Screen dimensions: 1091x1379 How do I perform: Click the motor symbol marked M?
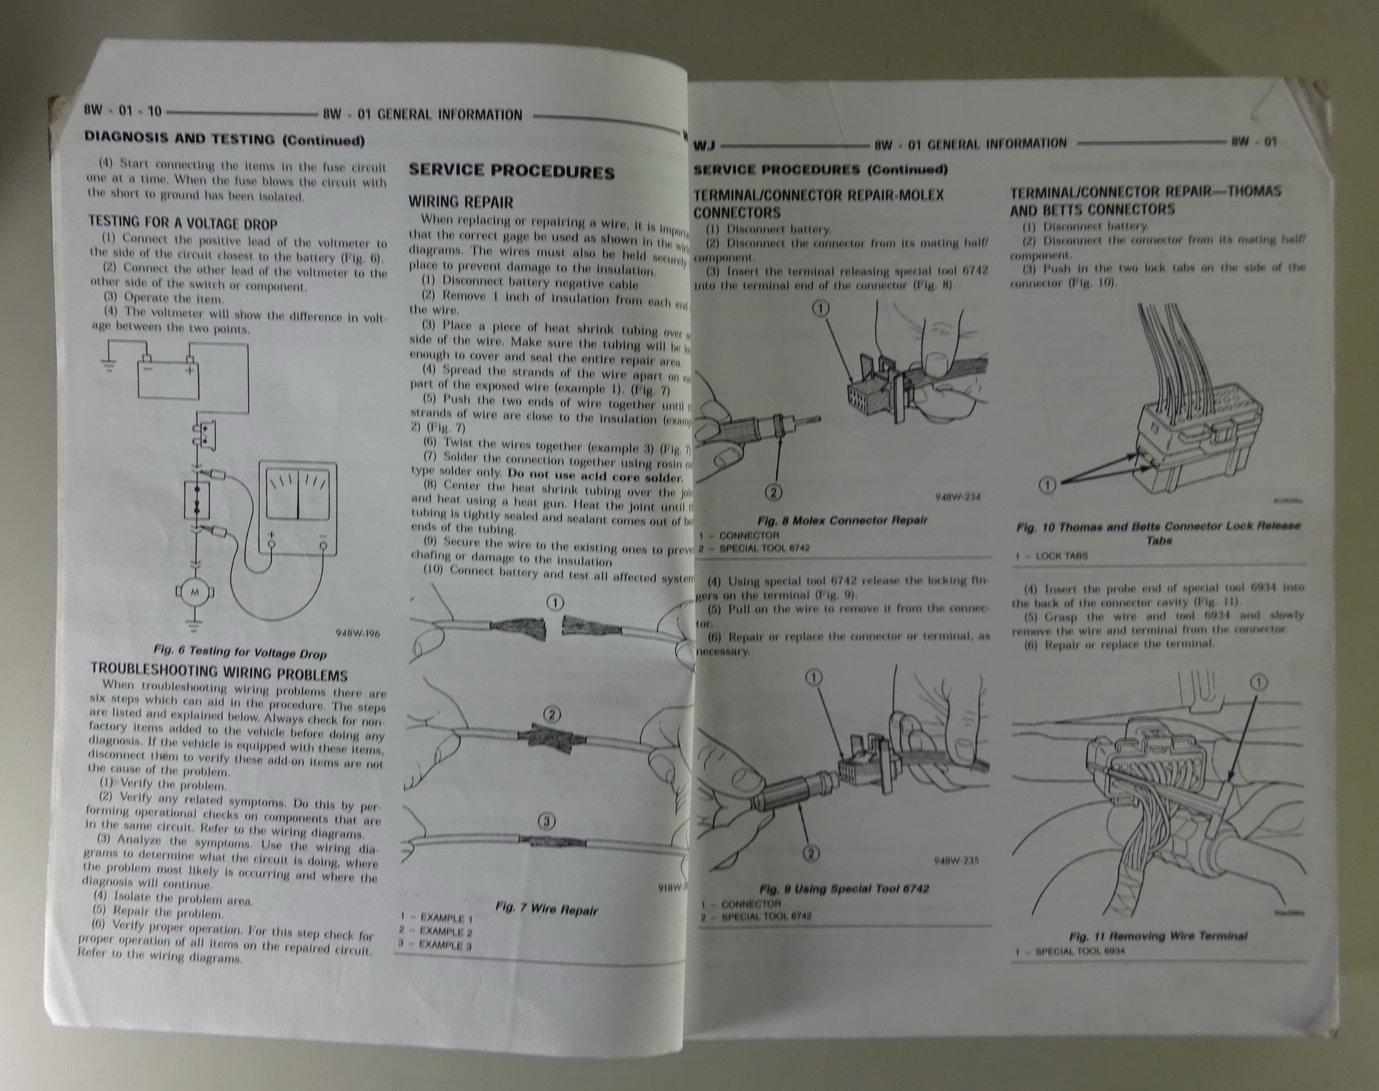194,592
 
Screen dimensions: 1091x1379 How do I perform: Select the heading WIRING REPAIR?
460,202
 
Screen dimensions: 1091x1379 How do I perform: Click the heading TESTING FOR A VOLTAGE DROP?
183,223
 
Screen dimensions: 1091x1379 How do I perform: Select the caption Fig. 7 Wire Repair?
546,910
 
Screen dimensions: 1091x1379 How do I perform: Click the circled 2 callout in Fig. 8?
773,491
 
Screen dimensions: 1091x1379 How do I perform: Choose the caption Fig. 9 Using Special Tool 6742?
844,889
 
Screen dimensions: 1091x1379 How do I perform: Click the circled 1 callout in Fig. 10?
1048,485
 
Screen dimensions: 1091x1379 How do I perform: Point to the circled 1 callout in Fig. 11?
1259,683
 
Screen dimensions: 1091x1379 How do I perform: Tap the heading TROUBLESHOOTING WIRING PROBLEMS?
219,673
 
